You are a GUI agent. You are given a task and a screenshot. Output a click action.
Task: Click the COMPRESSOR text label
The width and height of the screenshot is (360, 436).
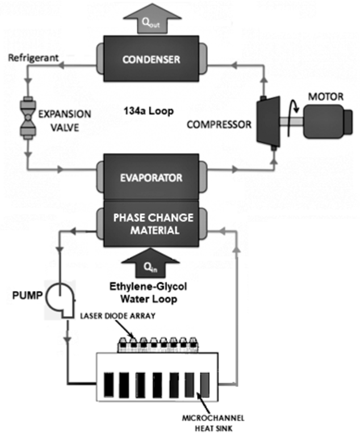[x=220, y=123]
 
